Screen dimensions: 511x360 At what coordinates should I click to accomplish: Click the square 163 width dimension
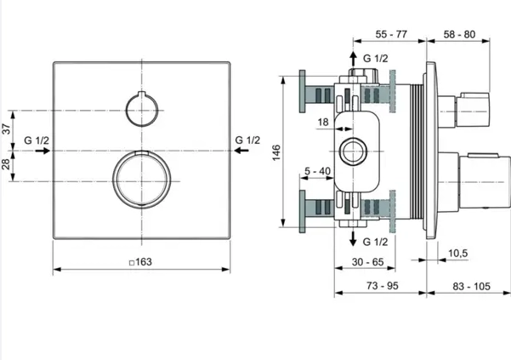(x=141, y=262)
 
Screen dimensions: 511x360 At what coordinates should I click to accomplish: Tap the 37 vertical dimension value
(x=7, y=129)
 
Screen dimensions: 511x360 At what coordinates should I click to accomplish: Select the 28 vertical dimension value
(x=7, y=164)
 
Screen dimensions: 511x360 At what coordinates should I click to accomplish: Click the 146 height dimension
(x=276, y=152)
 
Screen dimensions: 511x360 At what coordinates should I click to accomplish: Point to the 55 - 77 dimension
(x=391, y=34)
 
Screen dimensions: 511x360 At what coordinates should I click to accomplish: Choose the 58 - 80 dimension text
(x=459, y=34)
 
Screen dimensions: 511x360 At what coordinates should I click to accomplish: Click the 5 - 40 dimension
(x=317, y=171)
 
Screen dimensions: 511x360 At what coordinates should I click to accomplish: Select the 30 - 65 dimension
(x=368, y=262)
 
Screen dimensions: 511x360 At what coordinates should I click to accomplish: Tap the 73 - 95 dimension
(x=383, y=286)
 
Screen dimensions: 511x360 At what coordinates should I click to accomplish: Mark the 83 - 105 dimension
(x=471, y=286)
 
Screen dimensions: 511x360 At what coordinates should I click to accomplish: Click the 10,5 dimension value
(x=458, y=253)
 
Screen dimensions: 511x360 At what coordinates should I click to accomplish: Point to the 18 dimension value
(x=323, y=123)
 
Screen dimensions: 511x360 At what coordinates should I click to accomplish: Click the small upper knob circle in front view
(x=142, y=110)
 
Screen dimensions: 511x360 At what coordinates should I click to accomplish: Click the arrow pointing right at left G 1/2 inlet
(x=43, y=151)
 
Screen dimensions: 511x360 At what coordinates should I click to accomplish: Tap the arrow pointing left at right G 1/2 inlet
(x=241, y=151)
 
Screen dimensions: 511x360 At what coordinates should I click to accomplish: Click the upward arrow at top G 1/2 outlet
(x=353, y=59)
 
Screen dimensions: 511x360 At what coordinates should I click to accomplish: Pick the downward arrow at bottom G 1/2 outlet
(x=353, y=238)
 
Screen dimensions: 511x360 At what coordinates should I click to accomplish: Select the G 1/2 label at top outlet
(x=376, y=59)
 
